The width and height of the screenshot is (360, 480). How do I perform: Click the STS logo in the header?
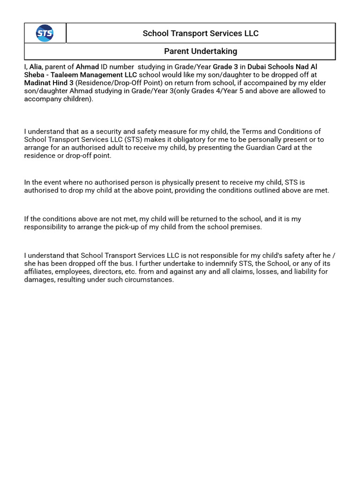(45, 33)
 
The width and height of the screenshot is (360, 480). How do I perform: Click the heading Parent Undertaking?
(200, 51)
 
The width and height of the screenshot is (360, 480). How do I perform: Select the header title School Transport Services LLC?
(200, 33)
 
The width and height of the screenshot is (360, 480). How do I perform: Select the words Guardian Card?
(266, 148)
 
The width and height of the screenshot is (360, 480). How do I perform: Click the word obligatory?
(171, 140)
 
